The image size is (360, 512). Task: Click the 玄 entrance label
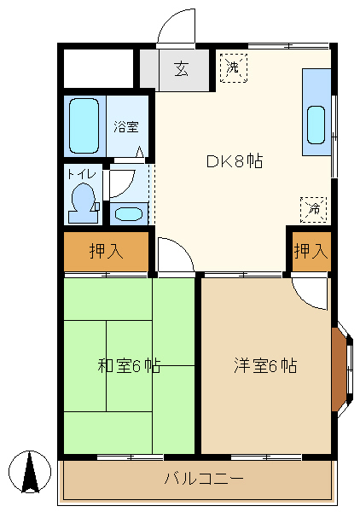click(x=182, y=69)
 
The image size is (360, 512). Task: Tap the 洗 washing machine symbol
click(x=234, y=67)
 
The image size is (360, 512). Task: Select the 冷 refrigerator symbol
click(x=313, y=210)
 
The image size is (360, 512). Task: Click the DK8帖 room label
click(x=235, y=161)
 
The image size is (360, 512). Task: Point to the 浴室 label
click(x=126, y=126)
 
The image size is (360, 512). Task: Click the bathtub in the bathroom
click(x=84, y=126)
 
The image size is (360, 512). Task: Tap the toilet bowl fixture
click(x=83, y=203)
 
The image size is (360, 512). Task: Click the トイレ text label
click(x=82, y=174)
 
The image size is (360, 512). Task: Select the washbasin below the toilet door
click(x=129, y=214)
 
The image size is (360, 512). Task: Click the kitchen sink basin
click(x=316, y=125)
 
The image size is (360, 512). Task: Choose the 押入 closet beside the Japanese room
click(x=107, y=251)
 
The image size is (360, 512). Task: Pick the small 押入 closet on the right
click(x=311, y=251)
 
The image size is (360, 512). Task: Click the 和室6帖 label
click(x=130, y=366)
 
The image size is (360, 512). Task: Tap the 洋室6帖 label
click(x=265, y=366)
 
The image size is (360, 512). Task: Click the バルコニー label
click(x=204, y=479)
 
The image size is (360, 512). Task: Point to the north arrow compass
click(x=30, y=472)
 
